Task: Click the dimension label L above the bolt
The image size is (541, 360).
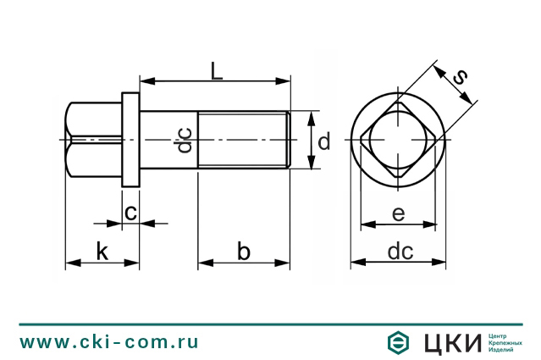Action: (217, 71)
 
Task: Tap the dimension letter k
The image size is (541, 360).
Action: (102, 252)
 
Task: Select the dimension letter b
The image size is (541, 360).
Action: (244, 251)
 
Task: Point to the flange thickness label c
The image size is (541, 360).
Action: (130, 213)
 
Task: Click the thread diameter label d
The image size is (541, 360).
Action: (323, 141)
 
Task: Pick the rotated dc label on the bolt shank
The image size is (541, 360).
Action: (185, 140)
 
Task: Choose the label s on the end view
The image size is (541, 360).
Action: (461, 77)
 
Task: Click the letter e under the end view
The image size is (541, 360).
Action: (399, 213)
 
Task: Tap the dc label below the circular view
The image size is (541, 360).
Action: (400, 252)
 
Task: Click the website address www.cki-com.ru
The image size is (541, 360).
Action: (109, 342)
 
